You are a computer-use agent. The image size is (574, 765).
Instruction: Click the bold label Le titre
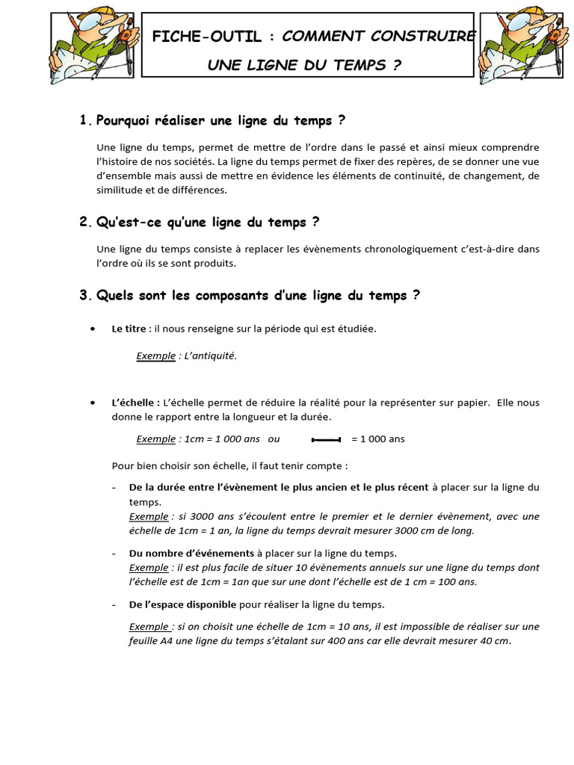[x=129, y=328]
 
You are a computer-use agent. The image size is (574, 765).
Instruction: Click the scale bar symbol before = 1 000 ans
[x=326, y=439]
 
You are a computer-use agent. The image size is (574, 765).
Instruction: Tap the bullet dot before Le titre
[x=92, y=329]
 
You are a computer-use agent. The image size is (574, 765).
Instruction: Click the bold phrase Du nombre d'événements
[x=191, y=553]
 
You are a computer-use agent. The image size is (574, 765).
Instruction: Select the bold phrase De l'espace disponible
[x=182, y=604]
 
